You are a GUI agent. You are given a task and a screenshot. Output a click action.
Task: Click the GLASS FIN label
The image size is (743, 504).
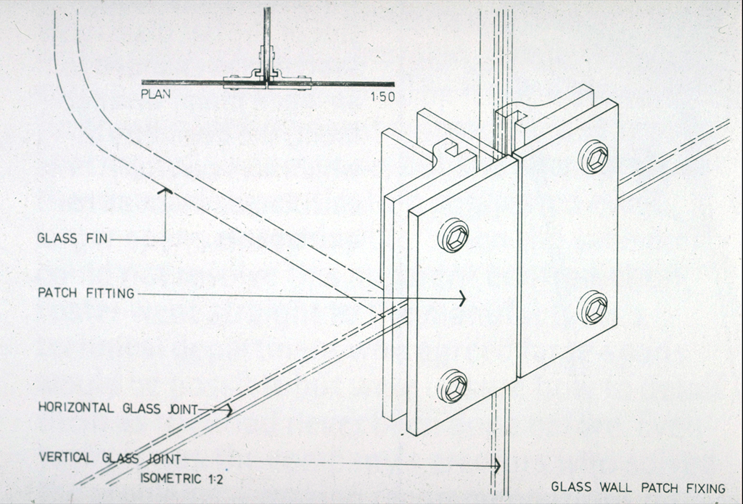click(x=73, y=238)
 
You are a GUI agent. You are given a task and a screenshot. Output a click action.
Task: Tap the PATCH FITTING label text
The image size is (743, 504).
click(x=86, y=293)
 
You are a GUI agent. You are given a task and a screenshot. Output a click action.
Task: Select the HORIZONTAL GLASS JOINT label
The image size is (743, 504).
click(x=118, y=408)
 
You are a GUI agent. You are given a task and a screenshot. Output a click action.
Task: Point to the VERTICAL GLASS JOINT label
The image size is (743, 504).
click(x=110, y=458)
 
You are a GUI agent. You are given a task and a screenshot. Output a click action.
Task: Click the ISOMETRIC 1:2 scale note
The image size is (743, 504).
click(x=181, y=479)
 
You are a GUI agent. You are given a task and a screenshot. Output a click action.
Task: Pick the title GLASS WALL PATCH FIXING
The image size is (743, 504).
click(x=638, y=487)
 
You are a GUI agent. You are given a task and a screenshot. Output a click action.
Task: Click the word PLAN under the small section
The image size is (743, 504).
click(x=155, y=94)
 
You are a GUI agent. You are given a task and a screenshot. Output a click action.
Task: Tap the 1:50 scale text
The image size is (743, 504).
click(x=383, y=97)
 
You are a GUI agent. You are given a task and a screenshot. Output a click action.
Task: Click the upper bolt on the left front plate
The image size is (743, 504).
click(x=453, y=235)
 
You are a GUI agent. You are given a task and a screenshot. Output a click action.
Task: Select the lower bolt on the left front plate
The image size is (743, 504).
click(x=452, y=386)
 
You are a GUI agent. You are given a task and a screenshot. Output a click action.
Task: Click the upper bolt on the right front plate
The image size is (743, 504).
click(x=594, y=157)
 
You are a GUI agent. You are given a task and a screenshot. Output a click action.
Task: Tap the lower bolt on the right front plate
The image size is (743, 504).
click(x=592, y=307)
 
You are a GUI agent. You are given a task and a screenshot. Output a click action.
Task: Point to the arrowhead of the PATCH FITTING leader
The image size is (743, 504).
click(x=462, y=299)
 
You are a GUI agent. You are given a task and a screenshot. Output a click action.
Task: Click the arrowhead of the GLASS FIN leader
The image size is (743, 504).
click(x=165, y=191)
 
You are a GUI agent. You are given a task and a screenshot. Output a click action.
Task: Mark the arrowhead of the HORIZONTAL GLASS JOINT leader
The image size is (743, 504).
click(x=229, y=410)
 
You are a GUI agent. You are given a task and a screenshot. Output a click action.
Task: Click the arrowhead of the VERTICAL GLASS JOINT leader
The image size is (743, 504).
click(x=496, y=466)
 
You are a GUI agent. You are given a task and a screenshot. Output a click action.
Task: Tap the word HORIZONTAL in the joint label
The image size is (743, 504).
click(x=75, y=408)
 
